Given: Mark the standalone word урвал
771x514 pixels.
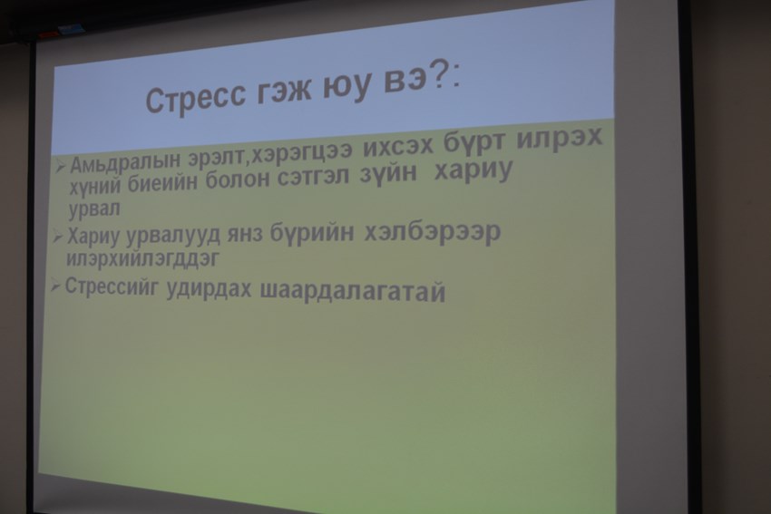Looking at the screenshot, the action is click(x=94, y=209).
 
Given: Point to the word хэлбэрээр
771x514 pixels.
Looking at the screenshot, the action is click(x=432, y=232).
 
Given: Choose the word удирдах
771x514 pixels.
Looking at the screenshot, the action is click(x=209, y=289).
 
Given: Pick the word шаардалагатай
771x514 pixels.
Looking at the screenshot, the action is click(x=353, y=291).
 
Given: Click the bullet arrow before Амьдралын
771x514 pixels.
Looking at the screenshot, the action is click(x=60, y=167).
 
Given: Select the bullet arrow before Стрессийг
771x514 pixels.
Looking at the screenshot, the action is click(x=56, y=285).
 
